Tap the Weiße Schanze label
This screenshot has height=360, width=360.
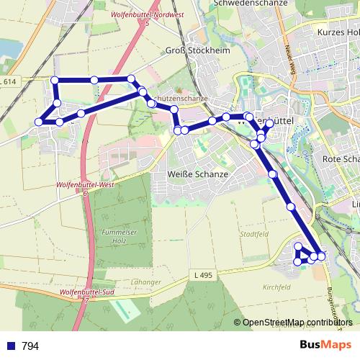pyautogui.click(x=197, y=174)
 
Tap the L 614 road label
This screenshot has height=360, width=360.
pyautogui.click(x=9, y=83)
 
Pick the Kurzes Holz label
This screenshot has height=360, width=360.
pyautogui.click(x=338, y=32)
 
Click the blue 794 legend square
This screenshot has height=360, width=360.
pyautogui.click(x=10, y=346)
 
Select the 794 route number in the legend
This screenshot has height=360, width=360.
pyautogui.click(x=30, y=346)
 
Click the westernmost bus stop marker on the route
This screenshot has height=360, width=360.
pyautogui.click(x=40, y=122)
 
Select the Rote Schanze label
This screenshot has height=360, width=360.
pyautogui.click(x=341, y=158)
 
